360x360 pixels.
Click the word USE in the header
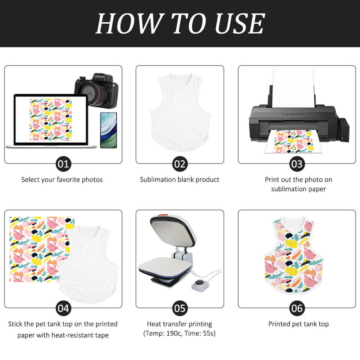[x=240, y=23]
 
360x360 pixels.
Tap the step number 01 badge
[x=63, y=164]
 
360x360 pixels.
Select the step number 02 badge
[x=180, y=164]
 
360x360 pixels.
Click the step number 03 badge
[x=297, y=164]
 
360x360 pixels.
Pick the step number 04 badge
[x=63, y=308]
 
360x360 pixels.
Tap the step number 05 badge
[x=180, y=308]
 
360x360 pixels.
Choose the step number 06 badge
[x=297, y=308]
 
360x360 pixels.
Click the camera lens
[x=90, y=93]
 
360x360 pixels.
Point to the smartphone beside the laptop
[x=109, y=130]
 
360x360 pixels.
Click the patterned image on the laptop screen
[x=51, y=120]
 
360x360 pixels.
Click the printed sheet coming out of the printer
[x=293, y=141]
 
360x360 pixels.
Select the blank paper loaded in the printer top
[x=293, y=88]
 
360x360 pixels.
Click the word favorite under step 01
[x=68, y=180]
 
